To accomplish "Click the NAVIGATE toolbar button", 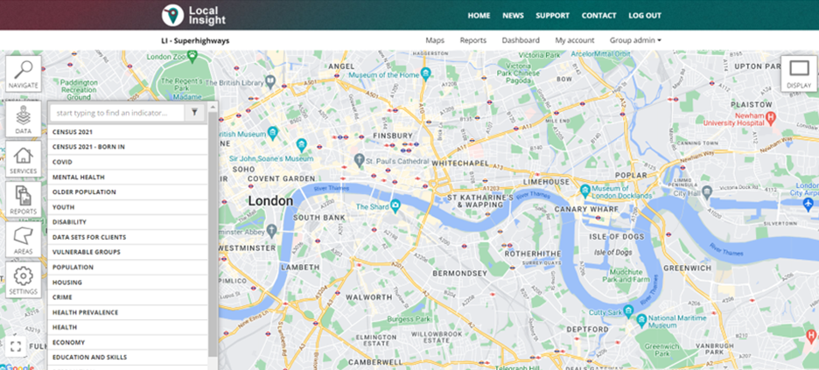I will point(24,74).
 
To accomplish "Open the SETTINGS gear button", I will point(24,280).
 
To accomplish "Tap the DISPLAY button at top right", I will point(798,74).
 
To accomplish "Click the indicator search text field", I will point(117,112).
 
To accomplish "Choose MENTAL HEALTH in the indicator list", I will point(79,177).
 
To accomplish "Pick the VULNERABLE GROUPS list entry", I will point(87,252).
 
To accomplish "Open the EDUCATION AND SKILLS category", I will point(89,358).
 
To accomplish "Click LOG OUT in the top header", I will point(645,16).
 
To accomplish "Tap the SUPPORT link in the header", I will point(552,16).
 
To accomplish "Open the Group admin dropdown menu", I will point(635,40).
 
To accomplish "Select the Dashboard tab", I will point(521,40).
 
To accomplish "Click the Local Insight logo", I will point(194,15).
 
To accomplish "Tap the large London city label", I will point(270,200).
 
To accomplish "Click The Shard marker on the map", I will point(395,206).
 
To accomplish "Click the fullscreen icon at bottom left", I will point(15,346).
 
